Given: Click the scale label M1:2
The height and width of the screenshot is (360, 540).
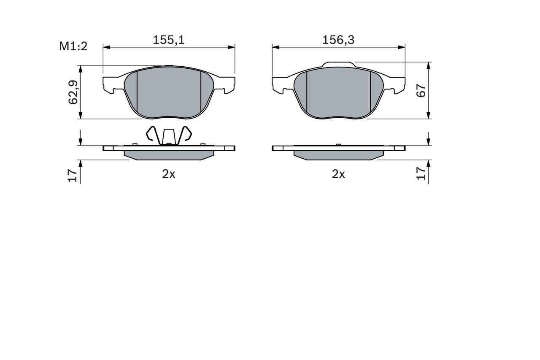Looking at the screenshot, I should [73, 46].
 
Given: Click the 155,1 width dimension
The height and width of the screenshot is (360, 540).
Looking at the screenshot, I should [169, 40].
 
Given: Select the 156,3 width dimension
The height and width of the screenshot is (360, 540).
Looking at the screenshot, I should [338, 40].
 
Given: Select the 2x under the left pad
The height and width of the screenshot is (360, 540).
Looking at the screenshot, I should [169, 174].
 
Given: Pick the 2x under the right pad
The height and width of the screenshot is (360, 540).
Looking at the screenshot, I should [338, 174].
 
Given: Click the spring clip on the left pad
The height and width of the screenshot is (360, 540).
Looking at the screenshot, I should [169, 135].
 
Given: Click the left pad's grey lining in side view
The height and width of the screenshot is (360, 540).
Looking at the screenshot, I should [169, 155].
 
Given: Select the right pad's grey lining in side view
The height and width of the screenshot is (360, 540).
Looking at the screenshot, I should [338, 155].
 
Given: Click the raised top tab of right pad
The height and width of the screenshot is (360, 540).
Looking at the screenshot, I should [338, 65].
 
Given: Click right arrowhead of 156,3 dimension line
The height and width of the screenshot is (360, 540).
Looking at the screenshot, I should [402, 47].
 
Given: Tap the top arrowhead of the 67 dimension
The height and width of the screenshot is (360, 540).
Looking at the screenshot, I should [429, 66].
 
